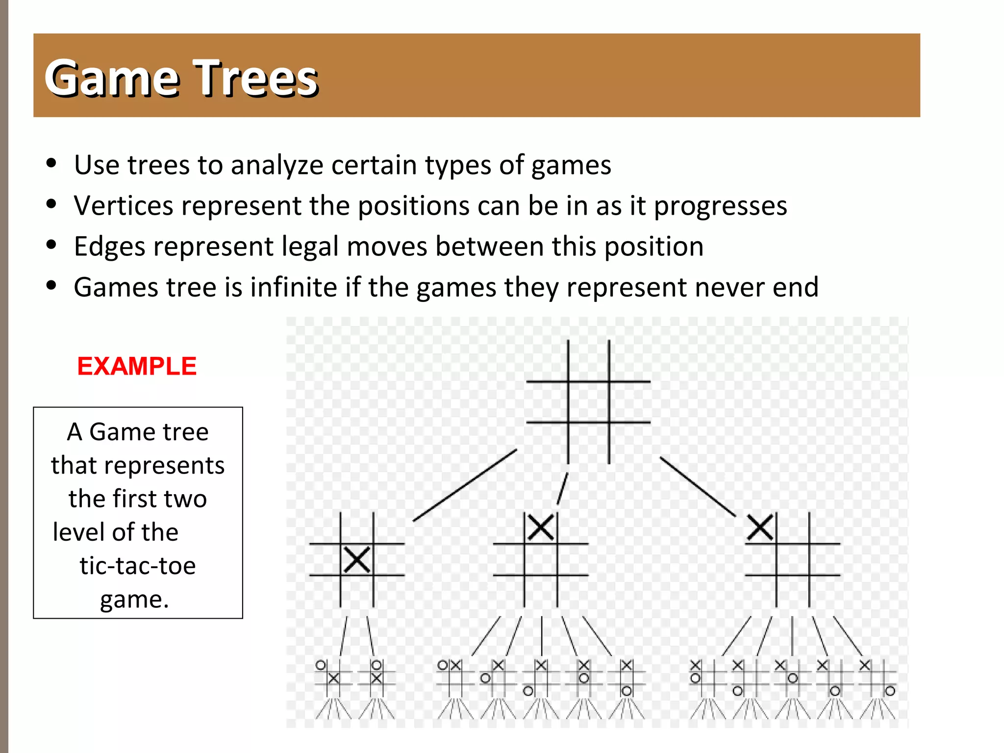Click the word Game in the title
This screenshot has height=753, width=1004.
click(x=113, y=78)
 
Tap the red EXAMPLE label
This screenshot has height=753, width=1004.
click(x=137, y=366)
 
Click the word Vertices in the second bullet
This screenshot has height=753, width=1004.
click(x=123, y=205)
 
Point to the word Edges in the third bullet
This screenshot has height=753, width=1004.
click(x=109, y=246)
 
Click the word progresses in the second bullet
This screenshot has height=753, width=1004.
click(x=721, y=206)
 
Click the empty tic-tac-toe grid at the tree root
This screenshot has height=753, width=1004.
click(x=588, y=402)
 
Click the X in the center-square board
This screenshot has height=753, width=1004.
click(x=357, y=560)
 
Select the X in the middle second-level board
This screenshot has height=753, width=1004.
click(x=541, y=528)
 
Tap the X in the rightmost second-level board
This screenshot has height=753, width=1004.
click(x=760, y=528)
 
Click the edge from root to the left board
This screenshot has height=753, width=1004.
click(x=465, y=485)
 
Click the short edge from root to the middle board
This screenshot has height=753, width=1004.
click(x=562, y=489)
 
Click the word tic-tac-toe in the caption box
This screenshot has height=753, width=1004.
click(x=138, y=566)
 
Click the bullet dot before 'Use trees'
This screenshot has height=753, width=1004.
click(x=51, y=163)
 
